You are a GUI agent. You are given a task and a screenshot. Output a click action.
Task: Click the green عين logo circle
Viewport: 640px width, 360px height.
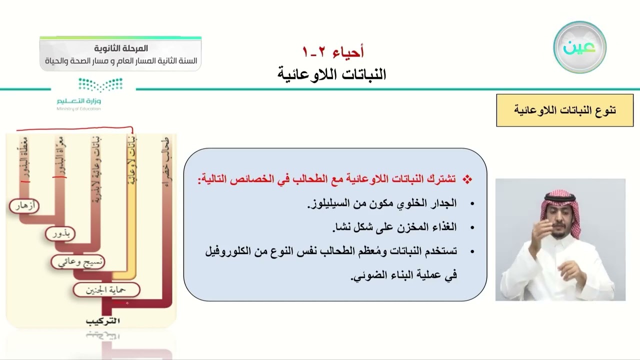tap(579, 47)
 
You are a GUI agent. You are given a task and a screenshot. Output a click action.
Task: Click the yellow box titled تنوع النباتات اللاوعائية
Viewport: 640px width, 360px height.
tap(564, 110)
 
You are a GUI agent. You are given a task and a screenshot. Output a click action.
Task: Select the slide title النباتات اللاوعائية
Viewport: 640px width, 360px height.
tap(332, 74)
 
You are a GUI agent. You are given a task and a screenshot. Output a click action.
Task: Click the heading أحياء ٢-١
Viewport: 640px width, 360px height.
tap(333, 51)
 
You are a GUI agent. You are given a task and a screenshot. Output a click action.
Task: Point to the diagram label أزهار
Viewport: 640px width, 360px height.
tap(24, 205)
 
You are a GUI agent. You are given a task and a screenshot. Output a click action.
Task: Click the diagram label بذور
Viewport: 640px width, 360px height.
tap(60, 233)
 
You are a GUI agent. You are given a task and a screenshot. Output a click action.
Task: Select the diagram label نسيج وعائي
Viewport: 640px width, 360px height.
tap(78, 261)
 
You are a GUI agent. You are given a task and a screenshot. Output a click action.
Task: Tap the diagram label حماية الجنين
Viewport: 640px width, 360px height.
tap(106, 289)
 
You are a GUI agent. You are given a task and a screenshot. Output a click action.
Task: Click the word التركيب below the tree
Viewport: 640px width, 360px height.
tap(103, 320)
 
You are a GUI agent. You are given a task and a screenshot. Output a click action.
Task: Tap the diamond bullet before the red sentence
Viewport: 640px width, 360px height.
tap(467, 179)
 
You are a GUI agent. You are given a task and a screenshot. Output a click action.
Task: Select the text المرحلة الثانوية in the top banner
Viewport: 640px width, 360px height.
tap(121, 48)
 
